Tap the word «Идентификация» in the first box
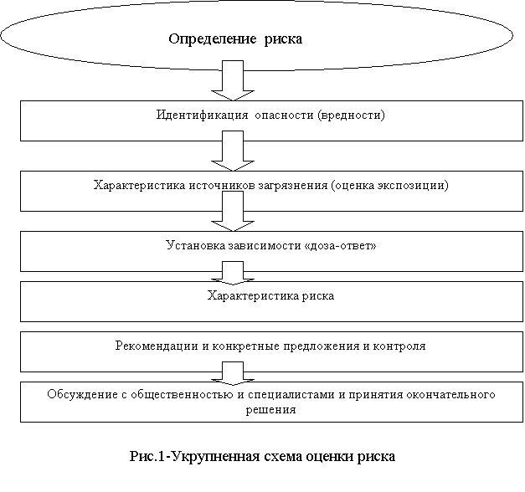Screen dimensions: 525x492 coord(203,115)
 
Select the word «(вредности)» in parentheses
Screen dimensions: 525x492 coord(351,115)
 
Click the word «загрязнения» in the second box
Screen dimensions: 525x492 coord(293,186)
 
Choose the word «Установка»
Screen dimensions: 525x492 coord(196,245)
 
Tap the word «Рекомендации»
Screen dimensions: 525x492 coord(157,346)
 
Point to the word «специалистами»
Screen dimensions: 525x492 coord(291,395)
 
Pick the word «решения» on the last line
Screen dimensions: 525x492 coord(270,410)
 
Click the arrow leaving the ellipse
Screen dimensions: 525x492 coord(233,80)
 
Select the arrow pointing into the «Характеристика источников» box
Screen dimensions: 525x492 coord(233,151)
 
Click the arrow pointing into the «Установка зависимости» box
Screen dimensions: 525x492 coord(233,211)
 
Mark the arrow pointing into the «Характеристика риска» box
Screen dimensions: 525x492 coord(233,273)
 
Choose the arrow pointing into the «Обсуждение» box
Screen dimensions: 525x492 coord(233,373)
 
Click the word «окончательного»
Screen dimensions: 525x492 coord(450,395)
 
